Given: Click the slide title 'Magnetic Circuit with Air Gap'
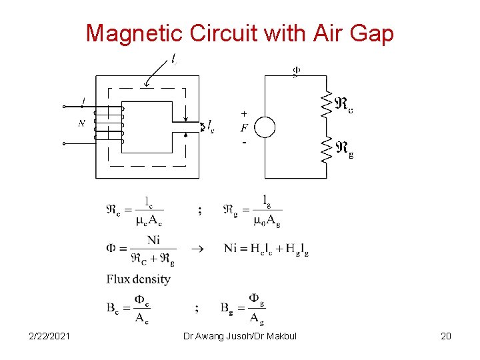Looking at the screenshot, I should tap(239, 33).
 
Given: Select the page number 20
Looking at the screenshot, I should tap(445, 336).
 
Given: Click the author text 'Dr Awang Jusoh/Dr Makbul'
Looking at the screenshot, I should tap(239, 336).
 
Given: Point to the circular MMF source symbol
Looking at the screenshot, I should tap(265, 127).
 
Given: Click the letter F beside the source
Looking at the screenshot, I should tap(245, 127).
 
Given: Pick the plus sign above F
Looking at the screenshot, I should tap(244, 113).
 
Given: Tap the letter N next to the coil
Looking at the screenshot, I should tap(81, 123).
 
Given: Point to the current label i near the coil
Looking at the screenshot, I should tap(83, 101).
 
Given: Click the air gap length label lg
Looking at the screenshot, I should tap(211, 125).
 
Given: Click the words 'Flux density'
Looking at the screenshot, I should tap(138, 279).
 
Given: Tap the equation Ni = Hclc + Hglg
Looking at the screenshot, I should tap(266, 249).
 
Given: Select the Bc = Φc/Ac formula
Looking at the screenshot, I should tap(128, 308).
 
